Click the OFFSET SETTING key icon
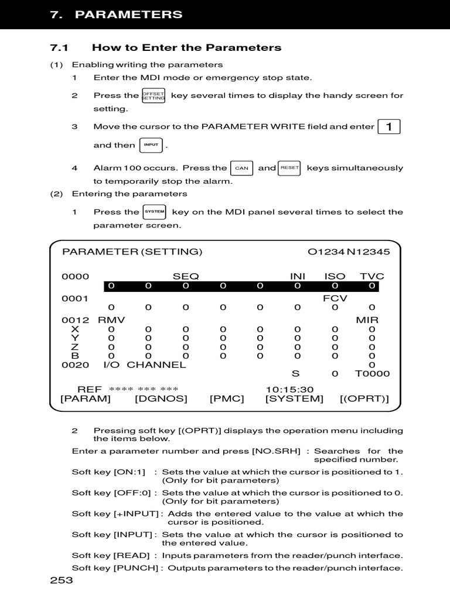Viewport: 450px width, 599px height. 154,95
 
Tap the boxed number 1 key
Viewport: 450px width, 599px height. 389,126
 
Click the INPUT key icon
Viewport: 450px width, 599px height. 151,144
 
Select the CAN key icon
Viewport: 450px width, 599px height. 241,168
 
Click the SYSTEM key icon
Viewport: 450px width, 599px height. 155,212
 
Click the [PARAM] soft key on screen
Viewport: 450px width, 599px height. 86,398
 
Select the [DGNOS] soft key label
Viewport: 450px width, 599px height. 161,398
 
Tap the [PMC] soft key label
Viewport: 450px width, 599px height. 227,398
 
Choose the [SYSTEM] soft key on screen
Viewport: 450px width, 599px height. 294,398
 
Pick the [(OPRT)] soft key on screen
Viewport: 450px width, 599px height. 364,398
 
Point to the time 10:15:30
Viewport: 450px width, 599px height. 289,389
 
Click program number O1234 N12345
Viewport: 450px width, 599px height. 349,252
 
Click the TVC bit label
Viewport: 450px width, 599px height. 371,276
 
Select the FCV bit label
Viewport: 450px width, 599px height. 335,298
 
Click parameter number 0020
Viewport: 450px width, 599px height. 75,364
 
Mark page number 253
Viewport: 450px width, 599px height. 62,580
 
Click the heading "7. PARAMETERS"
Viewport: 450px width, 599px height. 116,15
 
